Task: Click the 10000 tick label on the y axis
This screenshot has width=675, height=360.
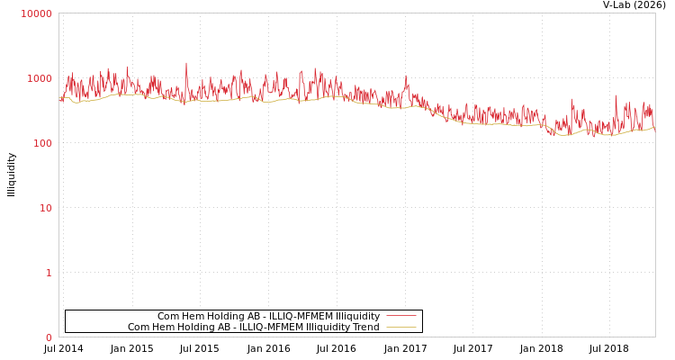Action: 37,13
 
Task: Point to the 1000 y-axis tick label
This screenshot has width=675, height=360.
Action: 40,78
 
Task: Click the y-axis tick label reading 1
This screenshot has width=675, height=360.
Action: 49,273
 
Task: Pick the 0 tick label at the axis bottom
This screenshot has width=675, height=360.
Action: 49,337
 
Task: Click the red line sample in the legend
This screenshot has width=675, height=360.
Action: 401,317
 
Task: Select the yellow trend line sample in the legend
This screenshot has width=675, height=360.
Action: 401,328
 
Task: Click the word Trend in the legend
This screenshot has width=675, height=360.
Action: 364,328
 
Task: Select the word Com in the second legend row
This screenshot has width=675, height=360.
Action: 139,328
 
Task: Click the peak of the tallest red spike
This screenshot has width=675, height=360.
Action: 186,63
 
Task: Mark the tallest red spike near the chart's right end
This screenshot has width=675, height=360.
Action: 616,95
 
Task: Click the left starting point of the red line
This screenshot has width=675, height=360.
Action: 60,99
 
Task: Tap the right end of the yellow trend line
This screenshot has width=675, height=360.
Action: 654,128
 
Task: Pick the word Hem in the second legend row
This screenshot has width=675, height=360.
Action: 163,328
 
